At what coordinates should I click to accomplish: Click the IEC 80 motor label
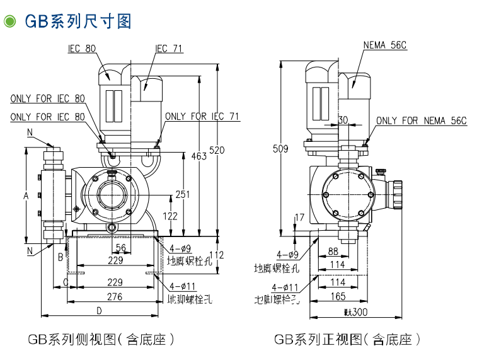[83, 49]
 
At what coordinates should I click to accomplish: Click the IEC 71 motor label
[170, 49]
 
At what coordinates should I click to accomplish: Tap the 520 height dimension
[217, 150]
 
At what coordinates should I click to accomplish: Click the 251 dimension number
[182, 194]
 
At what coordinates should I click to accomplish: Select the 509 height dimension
[280, 149]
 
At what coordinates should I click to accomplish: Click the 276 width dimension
[114, 296]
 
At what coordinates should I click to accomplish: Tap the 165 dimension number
[338, 296]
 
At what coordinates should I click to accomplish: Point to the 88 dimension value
[333, 251]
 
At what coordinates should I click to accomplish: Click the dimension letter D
[99, 310]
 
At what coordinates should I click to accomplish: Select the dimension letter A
[26, 196]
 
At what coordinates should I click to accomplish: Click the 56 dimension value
[120, 247]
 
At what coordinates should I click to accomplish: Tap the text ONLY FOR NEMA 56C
[421, 120]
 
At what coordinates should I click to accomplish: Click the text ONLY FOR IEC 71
[202, 117]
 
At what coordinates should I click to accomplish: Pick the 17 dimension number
[299, 218]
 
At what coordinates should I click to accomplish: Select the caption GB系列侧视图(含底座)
[101, 339]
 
